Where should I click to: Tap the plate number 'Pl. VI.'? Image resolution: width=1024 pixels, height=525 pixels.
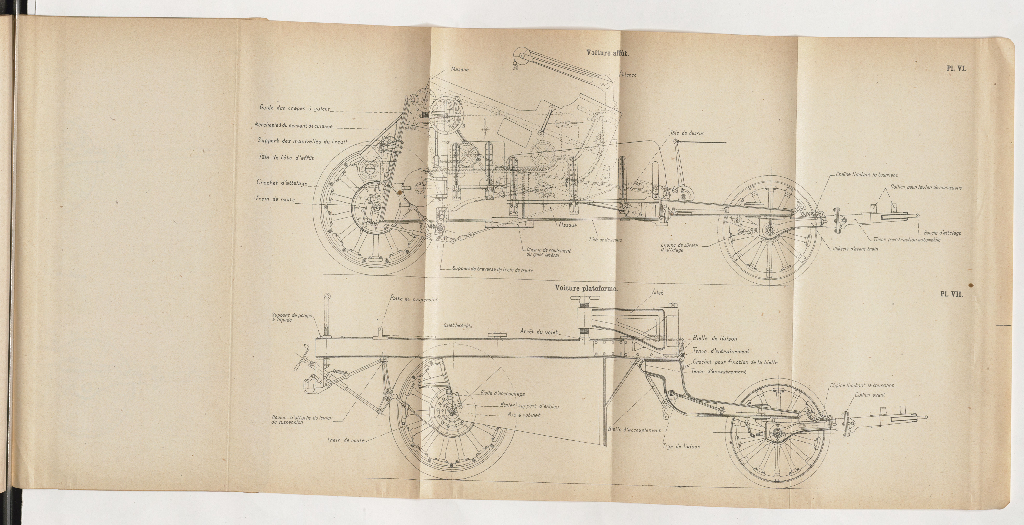pyautogui.click(x=956, y=68)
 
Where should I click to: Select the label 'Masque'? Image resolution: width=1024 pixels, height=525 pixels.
pyautogui.click(x=459, y=70)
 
